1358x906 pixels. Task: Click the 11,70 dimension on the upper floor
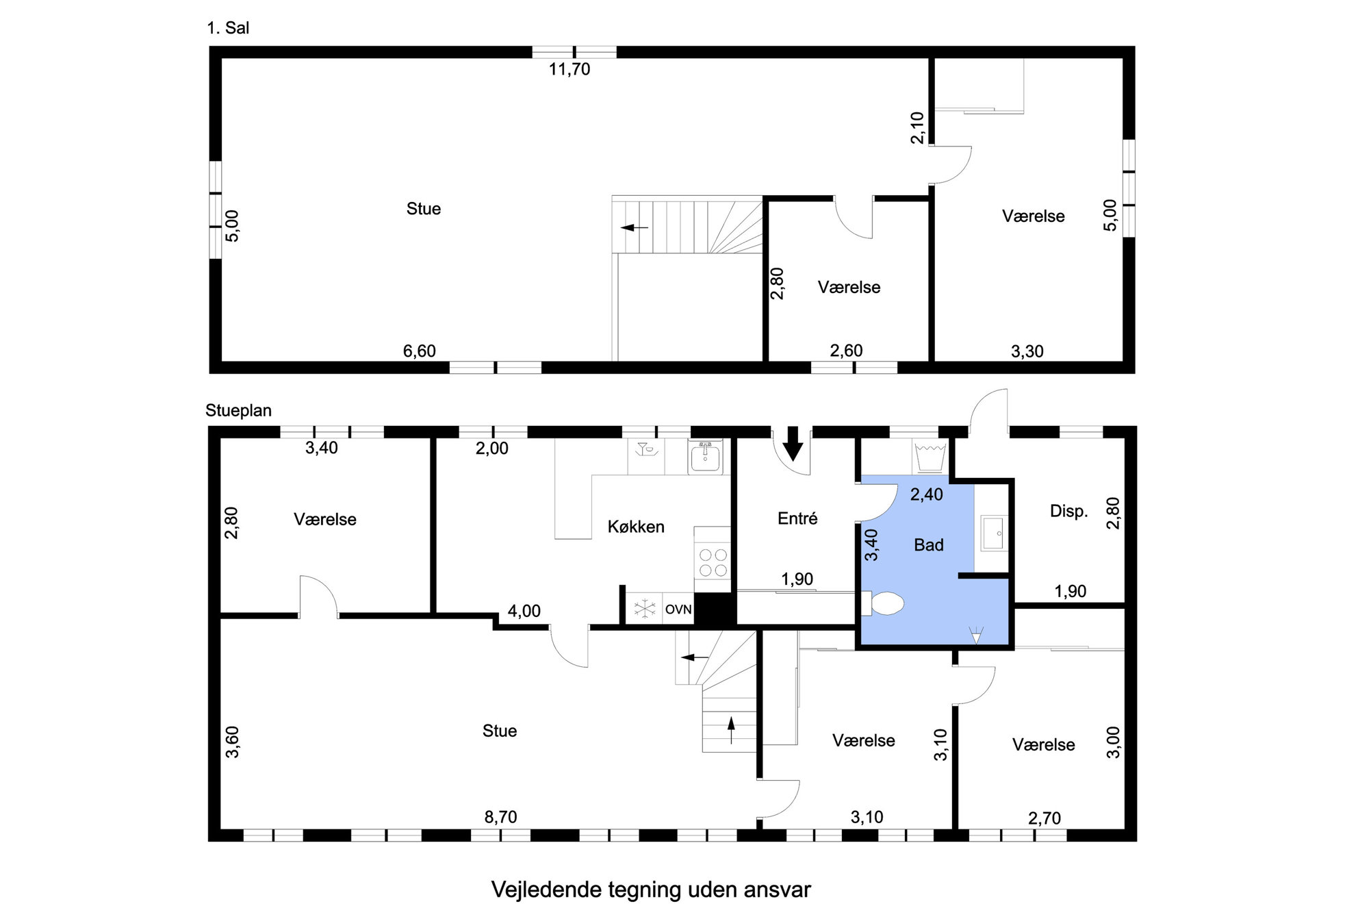click(x=569, y=69)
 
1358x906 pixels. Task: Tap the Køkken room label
click(x=636, y=527)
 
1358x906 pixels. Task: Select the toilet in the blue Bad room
click(x=885, y=603)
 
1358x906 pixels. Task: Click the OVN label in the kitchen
click(x=678, y=609)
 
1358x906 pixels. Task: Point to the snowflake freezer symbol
click(x=644, y=609)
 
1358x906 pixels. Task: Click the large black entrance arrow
click(x=793, y=443)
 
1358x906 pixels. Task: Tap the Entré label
click(x=797, y=518)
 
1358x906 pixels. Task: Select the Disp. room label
click(x=1068, y=511)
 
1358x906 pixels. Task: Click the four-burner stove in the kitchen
click(x=713, y=562)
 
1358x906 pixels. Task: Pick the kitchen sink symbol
click(x=706, y=457)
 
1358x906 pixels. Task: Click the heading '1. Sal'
click(x=228, y=28)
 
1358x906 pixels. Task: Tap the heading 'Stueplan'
click(x=238, y=410)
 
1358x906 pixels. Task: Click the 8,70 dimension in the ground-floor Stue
click(x=500, y=817)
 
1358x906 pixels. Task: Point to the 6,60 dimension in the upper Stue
click(x=419, y=351)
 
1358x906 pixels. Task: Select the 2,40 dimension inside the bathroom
click(x=926, y=494)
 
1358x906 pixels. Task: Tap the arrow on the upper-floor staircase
click(x=634, y=227)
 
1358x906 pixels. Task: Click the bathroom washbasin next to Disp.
click(x=992, y=533)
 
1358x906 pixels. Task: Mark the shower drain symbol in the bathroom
click(x=976, y=634)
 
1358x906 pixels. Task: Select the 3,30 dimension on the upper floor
click(x=1027, y=351)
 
